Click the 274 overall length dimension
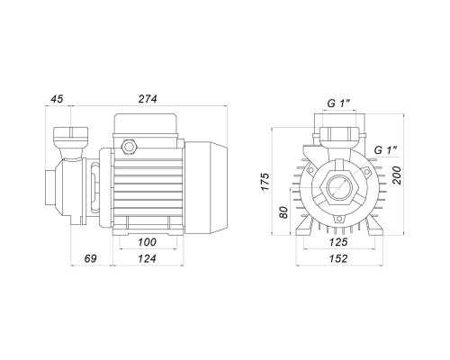point(148,99)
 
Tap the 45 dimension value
point(57,99)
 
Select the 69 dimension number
point(90,258)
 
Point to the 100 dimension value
point(148,242)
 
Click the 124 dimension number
point(148,258)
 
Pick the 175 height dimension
point(265,182)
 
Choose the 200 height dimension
point(397,175)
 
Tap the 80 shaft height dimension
point(283,212)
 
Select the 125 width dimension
point(338,242)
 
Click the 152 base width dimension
point(338,258)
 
